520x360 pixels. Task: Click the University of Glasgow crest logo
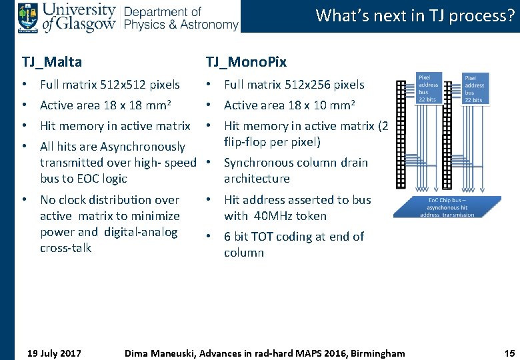point(28,17)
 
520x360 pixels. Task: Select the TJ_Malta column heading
point(52,62)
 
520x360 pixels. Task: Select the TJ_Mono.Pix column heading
point(246,62)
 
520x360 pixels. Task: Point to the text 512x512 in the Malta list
point(123,85)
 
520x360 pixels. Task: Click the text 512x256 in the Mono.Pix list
point(307,85)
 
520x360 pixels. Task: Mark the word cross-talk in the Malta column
point(66,248)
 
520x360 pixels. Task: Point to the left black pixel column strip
point(400,134)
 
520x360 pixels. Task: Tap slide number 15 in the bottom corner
point(510,353)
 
